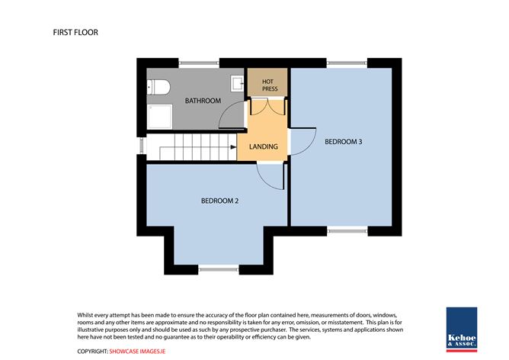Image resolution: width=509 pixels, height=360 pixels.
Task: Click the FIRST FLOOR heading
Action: coord(75,32)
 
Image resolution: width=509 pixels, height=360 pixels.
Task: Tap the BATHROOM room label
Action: coord(203,101)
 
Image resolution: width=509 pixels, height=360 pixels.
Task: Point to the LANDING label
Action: coord(264,146)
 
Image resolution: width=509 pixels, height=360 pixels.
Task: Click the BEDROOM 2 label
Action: coord(219,201)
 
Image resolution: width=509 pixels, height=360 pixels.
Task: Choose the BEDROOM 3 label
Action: coord(344,142)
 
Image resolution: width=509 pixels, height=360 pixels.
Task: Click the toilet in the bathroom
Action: coord(158,87)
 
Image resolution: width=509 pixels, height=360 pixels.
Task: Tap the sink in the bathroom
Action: coord(237,83)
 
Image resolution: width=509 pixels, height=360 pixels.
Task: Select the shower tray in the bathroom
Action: coord(159,117)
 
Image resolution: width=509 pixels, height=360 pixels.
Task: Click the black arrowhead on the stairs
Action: coord(233,147)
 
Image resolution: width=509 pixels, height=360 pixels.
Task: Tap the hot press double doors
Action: coord(267,106)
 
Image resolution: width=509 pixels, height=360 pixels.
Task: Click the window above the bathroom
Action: coord(199,63)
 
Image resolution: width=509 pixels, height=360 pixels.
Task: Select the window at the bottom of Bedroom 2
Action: coord(219,269)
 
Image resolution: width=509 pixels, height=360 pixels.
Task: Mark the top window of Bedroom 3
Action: coord(347,63)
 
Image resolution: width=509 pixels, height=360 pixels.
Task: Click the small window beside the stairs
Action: coord(142,146)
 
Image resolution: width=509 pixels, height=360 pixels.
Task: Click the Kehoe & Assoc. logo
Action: coord(462,329)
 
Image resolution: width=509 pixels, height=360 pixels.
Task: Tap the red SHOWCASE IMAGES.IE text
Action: coord(137,351)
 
